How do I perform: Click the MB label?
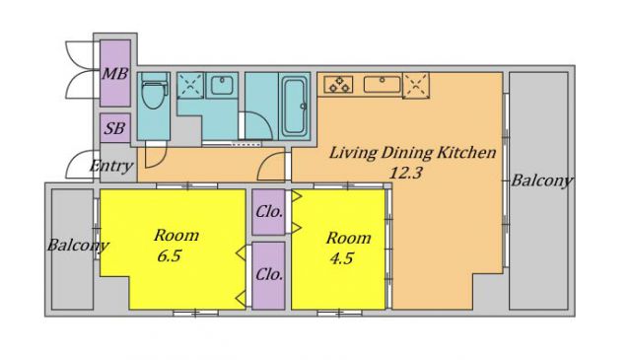[115, 74]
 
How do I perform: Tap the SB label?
[114, 128]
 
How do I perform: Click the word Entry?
[111, 166]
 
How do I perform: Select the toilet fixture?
[154, 93]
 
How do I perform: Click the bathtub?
[294, 106]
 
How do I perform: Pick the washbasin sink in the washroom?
[222, 85]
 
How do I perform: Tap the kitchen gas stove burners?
[338, 85]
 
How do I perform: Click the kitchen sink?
[383, 84]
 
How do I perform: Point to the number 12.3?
[405, 173]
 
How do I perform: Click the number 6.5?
[170, 255]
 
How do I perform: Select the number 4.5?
[342, 258]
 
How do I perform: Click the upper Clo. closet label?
[269, 212]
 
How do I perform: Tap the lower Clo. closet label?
[269, 274]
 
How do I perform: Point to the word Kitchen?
[466, 153]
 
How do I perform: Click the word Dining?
[407, 154]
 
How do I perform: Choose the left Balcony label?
[78, 246]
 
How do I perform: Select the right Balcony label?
[542, 180]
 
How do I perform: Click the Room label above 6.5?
[176, 235]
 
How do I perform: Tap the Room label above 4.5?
[348, 238]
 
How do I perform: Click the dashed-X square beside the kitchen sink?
[416, 86]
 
